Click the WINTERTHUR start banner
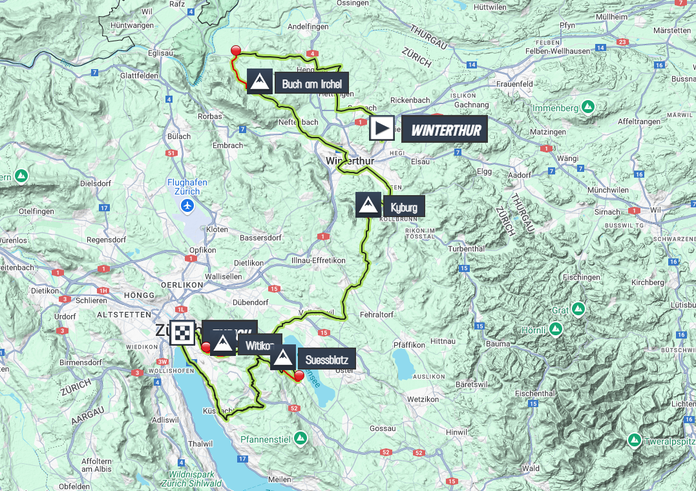445,129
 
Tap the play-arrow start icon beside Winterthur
382,128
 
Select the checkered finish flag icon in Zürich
182,332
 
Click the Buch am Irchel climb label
311,83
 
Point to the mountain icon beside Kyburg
368,207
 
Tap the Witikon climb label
259,345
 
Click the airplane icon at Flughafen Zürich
187,205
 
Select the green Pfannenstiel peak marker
299,439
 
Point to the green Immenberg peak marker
587,107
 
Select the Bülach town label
179,136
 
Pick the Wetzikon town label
423,400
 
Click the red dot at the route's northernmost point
237,50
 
